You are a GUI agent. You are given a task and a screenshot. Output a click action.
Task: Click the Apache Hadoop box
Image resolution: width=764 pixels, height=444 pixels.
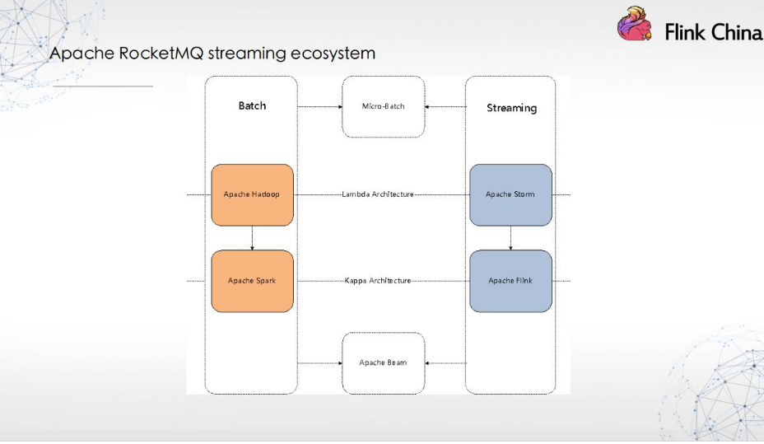click(x=252, y=195)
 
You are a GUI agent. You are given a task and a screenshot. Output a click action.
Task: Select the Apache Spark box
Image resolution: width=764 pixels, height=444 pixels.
click(x=252, y=281)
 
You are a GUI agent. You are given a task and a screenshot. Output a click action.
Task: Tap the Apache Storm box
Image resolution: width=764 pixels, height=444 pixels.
click(x=510, y=195)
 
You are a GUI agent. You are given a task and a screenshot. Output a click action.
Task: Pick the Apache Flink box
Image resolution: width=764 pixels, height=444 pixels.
click(x=510, y=281)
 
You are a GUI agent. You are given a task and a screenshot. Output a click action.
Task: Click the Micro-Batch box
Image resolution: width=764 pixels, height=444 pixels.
click(x=384, y=107)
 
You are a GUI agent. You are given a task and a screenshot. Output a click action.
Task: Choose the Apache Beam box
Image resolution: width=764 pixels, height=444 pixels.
click(x=384, y=363)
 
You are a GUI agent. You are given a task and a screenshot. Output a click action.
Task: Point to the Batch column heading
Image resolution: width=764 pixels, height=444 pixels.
click(x=252, y=105)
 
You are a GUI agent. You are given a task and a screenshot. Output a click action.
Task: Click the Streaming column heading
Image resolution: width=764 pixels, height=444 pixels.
click(x=511, y=108)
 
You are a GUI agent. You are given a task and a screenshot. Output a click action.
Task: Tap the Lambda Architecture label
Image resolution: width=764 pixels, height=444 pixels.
click(x=378, y=194)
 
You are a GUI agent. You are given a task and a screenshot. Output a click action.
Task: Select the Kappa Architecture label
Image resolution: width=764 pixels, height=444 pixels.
click(x=378, y=281)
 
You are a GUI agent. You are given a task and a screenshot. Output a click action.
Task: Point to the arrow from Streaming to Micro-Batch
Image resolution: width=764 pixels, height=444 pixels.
click(x=445, y=107)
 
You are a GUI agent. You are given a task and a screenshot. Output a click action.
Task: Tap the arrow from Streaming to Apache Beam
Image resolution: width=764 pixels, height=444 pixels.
click(x=445, y=363)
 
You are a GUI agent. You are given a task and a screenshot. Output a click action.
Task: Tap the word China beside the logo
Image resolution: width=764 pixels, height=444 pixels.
click(x=735, y=32)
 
